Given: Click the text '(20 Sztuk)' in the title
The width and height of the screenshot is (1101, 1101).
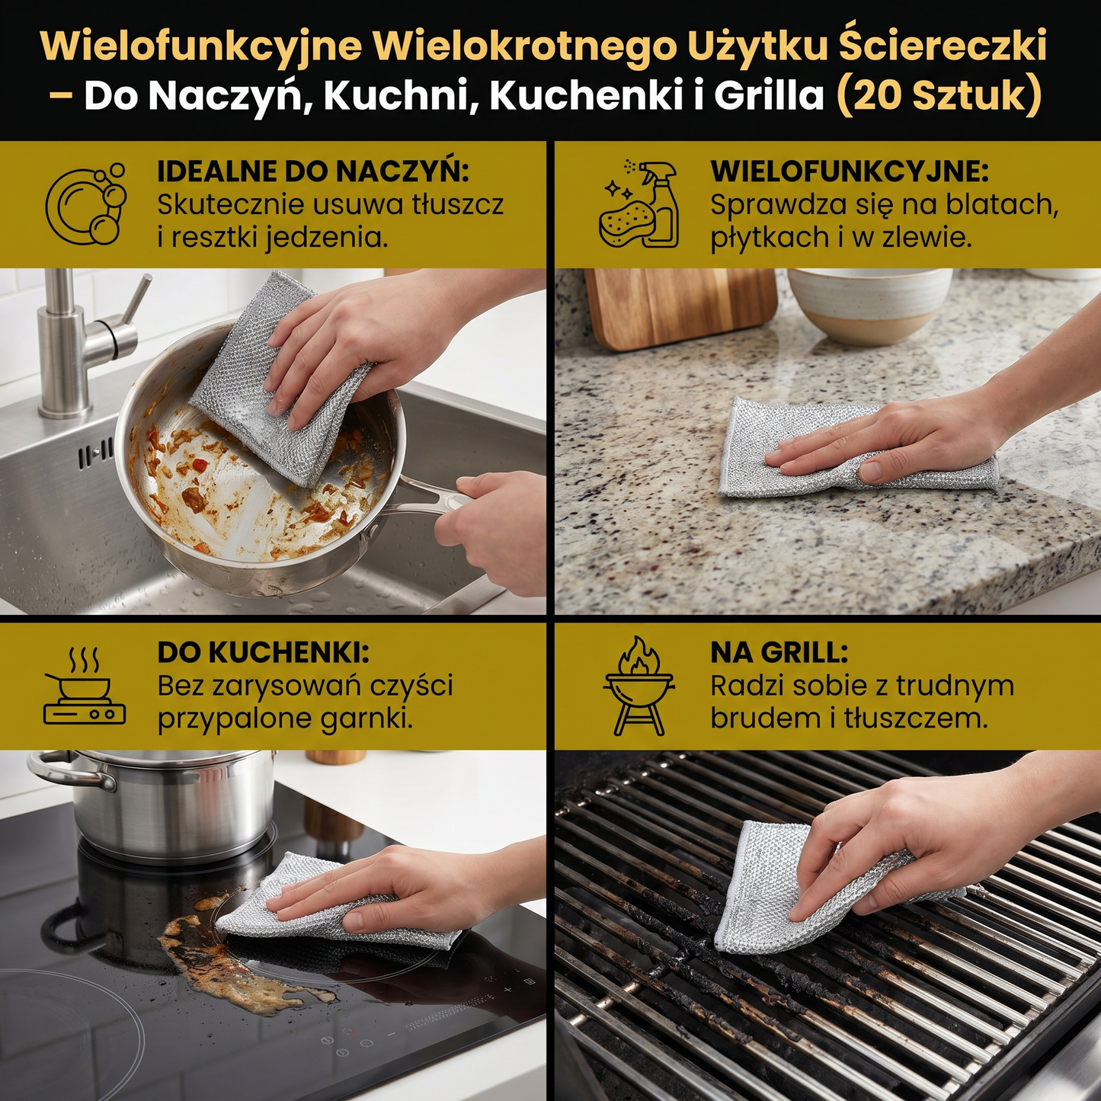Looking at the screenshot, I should click(939, 96).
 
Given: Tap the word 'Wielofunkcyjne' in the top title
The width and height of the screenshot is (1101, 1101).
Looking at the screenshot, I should click(200, 46).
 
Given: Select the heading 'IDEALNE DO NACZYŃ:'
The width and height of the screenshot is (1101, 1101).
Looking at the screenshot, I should click(312, 171).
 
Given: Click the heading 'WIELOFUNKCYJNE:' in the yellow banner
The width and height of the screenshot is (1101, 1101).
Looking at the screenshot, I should click(850, 171).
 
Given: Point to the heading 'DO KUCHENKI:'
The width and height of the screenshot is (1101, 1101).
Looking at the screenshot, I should click(263, 653).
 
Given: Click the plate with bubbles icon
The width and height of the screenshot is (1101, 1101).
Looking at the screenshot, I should click(86, 204).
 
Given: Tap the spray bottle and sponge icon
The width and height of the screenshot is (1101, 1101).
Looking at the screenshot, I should click(639, 204).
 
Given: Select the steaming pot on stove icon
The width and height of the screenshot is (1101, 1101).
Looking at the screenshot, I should click(84, 686).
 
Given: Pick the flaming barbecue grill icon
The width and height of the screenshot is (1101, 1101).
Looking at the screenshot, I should click(639, 686).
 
